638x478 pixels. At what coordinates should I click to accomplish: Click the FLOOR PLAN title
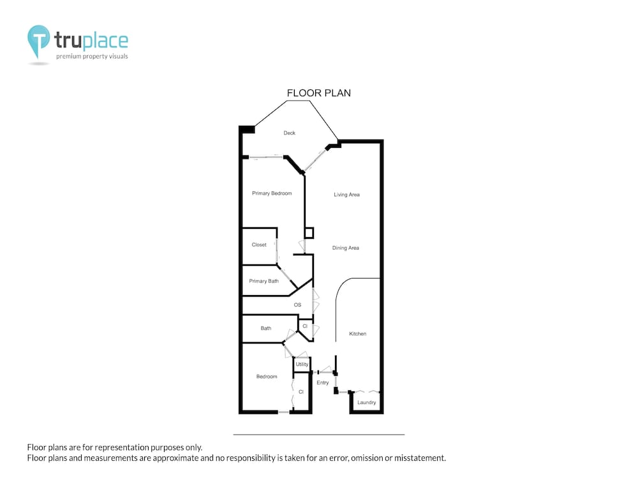tap(318, 93)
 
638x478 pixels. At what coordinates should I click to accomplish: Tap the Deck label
tap(289, 133)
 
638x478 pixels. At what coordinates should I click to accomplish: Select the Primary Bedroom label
tap(272, 194)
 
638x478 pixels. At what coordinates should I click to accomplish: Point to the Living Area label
tap(346, 194)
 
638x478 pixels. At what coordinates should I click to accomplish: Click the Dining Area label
tap(345, 248)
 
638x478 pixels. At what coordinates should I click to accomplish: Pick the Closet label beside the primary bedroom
tap(259, 245)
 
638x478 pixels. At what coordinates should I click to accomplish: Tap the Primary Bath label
tap(263, 281)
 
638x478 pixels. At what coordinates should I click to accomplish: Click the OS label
tap(297, 305)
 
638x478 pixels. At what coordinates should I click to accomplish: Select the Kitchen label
tap(358, 334)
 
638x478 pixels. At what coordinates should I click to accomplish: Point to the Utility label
tap(302, 364)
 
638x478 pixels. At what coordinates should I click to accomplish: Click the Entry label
tap(323, 382)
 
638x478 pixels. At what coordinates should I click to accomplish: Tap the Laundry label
tap(367, 402)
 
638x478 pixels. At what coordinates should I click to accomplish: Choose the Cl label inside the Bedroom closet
tap(301, 392)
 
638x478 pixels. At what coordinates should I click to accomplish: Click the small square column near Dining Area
tap(309, 233)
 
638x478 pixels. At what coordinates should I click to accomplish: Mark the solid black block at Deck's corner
tap(246, 129)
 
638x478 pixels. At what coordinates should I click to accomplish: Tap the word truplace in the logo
tap(91, 41)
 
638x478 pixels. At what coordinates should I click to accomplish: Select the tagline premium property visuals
tap(92, 57)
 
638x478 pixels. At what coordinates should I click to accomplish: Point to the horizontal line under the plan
tap(319, 435)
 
